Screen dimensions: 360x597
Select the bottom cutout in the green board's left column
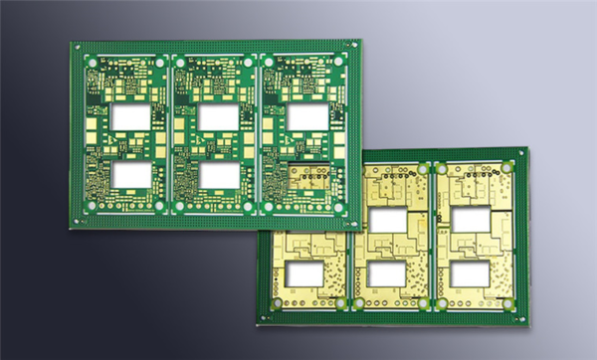coord(131,176)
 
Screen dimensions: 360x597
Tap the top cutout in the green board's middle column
coord(218,117)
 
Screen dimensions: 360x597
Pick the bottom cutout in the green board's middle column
coord(218,175)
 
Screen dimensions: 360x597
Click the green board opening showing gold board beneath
coord(314,177)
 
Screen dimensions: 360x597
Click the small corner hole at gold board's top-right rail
coord(521,155)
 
